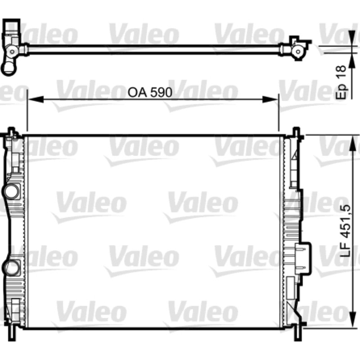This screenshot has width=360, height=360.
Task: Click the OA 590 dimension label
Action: [x=150, y=92]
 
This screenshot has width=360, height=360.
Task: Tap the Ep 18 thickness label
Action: [x=341, y=82]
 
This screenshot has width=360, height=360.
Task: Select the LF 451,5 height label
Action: [x=346, y=230]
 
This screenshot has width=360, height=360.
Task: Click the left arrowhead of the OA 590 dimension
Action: [x=36, y=99]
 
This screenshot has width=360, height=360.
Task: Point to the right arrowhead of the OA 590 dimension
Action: [x=270, y=99]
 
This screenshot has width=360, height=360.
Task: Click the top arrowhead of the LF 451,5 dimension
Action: [x=352, y=143]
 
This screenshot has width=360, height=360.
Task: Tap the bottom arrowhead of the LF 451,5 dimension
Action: [x=352, y=320]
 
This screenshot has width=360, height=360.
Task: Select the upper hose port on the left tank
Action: [x=11, y=191]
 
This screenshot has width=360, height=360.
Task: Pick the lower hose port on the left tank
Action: [x=11, y=268]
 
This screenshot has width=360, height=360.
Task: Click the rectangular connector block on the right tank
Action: [x=303, y=258]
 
